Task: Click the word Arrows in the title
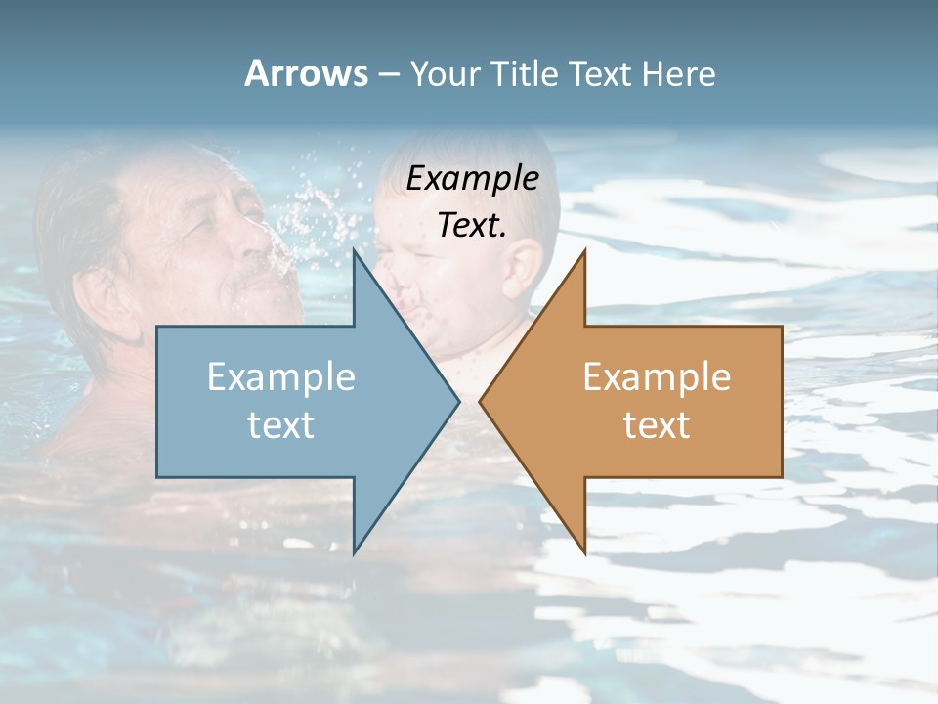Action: (306, 73)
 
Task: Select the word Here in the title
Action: (680, 74)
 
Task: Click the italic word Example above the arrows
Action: (473, 178)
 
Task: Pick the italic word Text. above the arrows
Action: (473, 225)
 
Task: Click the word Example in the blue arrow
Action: (281, 377)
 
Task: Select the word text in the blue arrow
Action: (281, 424)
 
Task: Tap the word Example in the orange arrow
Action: (657, 377)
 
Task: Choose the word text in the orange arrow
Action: (657, 424)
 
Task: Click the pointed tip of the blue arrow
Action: (457, 401)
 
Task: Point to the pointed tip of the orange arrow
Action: (481, 401)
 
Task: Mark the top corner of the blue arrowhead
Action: (354, 252)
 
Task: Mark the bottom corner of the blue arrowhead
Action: (354, 551)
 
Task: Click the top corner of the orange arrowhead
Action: (584, 252)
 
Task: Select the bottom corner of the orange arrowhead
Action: (584, 551)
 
